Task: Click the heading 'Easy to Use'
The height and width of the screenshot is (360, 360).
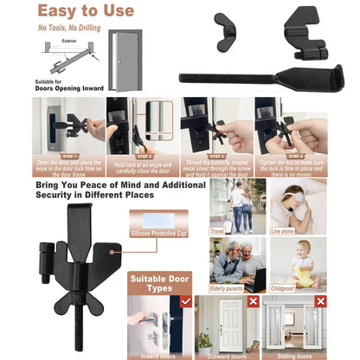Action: [x=87, y=11]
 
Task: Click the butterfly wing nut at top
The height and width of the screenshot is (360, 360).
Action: [x=228, y=20]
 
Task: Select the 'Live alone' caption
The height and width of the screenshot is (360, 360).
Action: [x=284, y=232]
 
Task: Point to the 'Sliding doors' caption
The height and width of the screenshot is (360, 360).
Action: [x=294, y=355]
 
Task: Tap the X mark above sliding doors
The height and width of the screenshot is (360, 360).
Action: [x=320, y=301]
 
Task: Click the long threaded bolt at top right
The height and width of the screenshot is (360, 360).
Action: [x=251, y=76]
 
